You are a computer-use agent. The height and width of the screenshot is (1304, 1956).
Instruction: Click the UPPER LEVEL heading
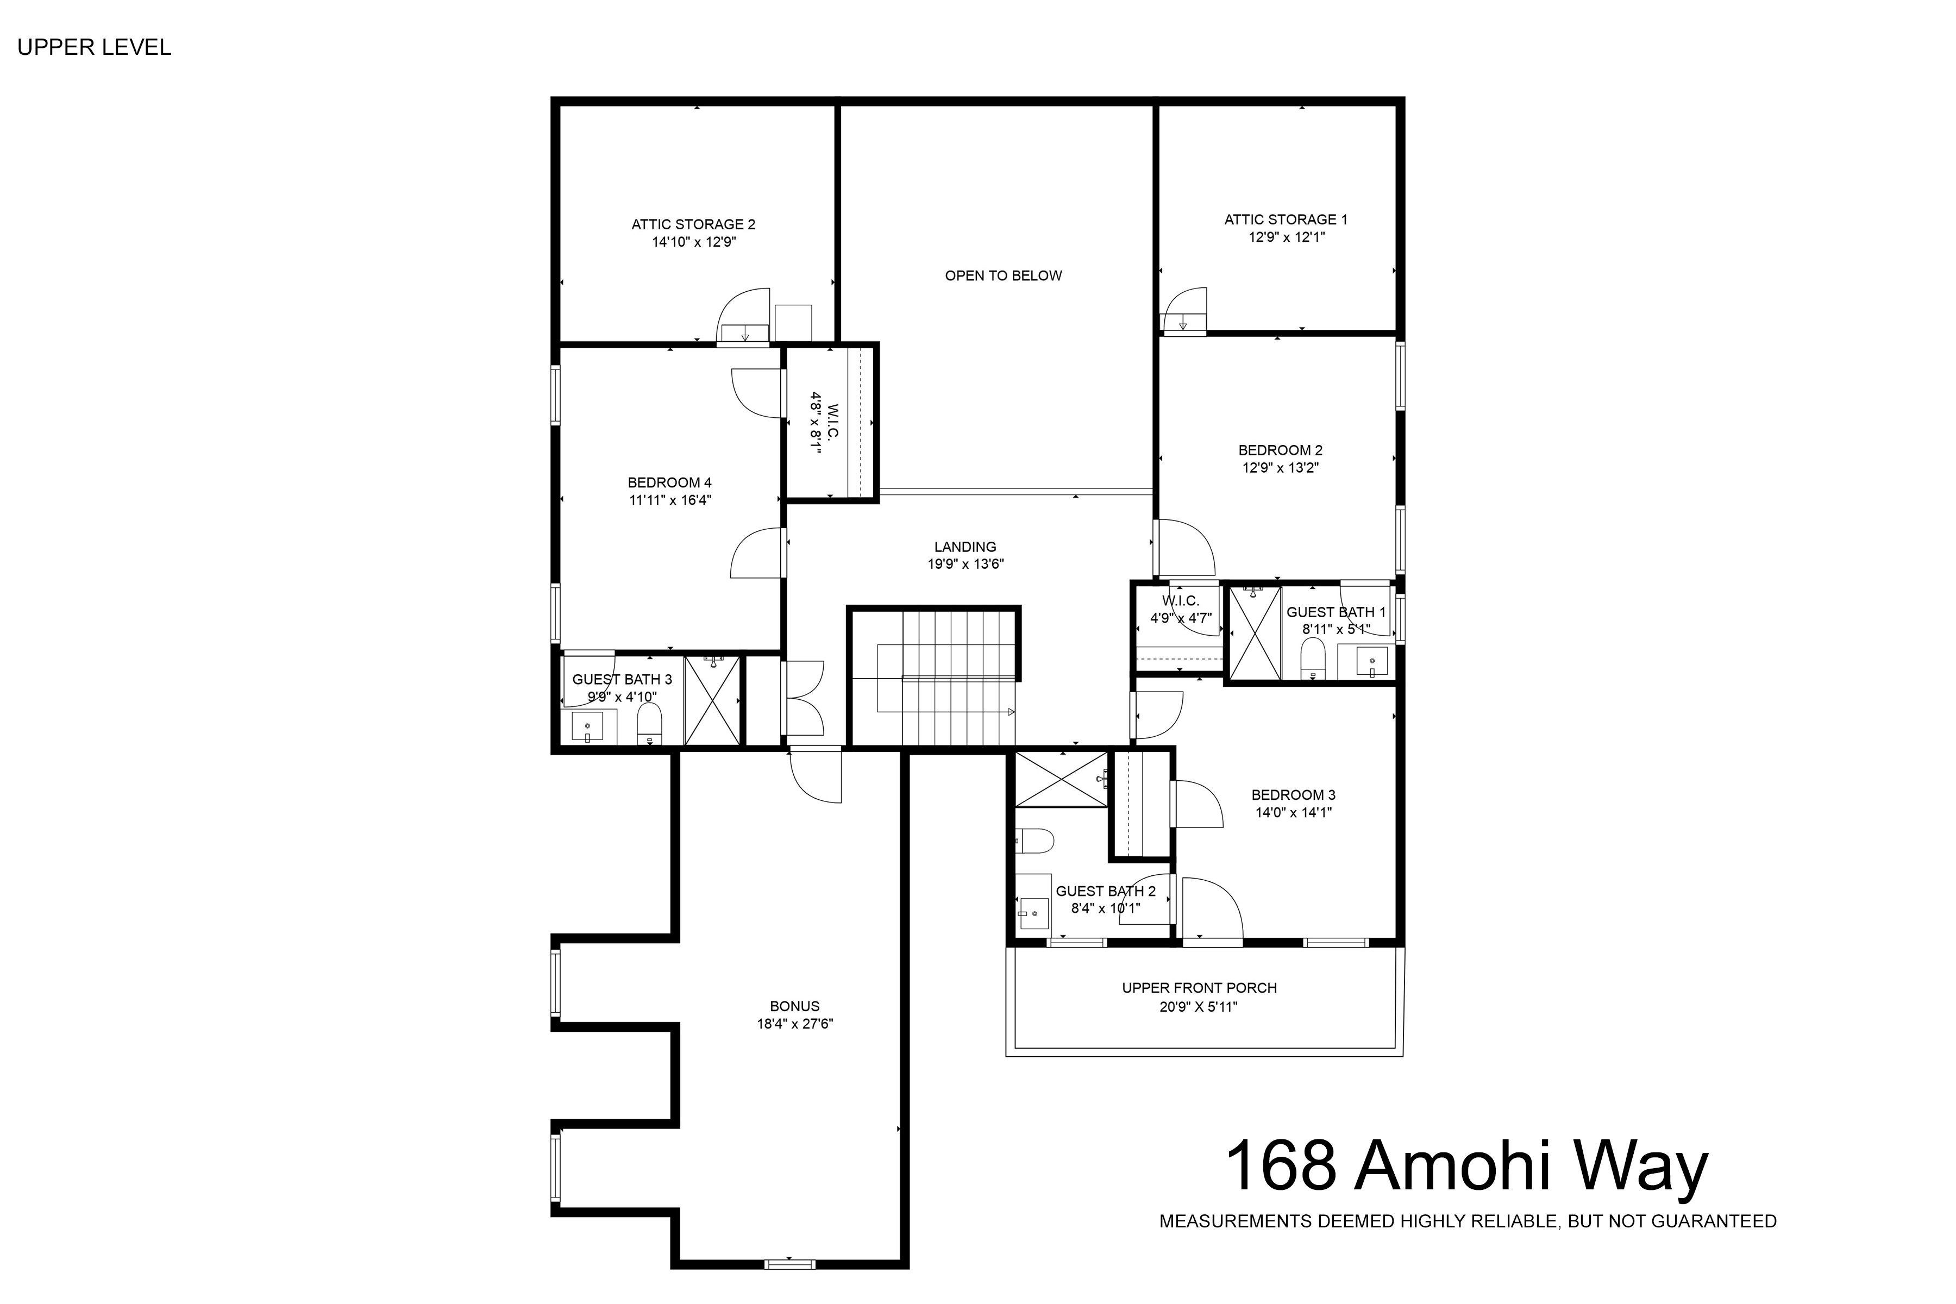click(94, 47)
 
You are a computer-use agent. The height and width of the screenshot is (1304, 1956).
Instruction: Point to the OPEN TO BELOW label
click(1003, 276)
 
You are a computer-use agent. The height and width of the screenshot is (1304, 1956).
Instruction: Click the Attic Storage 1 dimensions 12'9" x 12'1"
click(1286, 237)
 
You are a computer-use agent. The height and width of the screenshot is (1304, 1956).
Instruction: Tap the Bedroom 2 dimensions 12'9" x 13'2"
click(1280, 467)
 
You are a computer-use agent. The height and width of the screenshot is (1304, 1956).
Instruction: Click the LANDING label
click(965, 547)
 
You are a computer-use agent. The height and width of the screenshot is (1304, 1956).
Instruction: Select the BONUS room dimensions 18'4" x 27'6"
click(794, 1024)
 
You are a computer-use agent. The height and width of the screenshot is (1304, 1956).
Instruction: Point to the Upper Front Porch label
click(1199, 988)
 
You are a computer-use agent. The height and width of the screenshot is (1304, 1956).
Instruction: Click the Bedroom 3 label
click(1293, 795)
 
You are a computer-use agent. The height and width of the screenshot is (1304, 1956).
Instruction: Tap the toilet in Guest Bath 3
click(649, 724)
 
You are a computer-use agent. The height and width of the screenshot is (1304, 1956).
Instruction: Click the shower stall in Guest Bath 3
click(712, 700)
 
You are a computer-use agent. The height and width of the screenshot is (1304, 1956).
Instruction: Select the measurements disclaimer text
click(1468, 1221)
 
